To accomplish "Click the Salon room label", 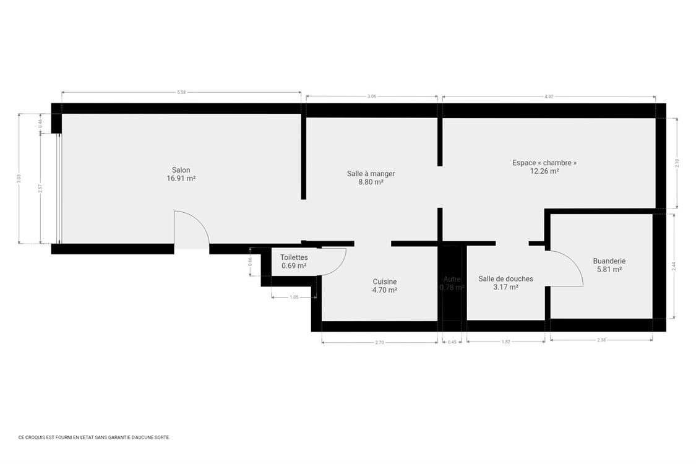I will [181, 170].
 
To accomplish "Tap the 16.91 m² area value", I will [181, 178].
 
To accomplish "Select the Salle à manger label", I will [371, 174].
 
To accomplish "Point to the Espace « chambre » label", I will [544, 163].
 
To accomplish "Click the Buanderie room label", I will [609, 261].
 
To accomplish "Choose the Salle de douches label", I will [505, 279].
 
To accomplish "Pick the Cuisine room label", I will [385, 281].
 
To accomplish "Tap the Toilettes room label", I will [294, 257].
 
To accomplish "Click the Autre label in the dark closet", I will [452, 279].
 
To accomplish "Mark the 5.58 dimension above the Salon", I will [181, 92].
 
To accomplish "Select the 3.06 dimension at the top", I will [371, 97].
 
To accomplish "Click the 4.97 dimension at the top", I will [549, 97].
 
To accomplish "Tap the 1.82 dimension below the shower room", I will [506, 342].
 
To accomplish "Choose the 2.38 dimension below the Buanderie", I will [601, 340].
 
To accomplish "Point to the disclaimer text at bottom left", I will [94, 437].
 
